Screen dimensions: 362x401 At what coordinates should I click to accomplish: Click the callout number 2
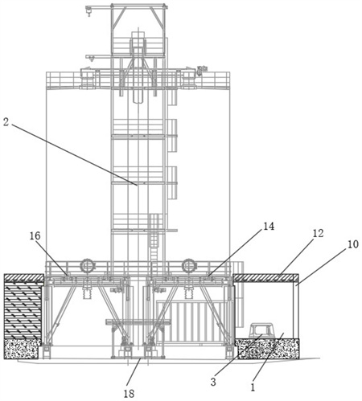(x=6, y=122)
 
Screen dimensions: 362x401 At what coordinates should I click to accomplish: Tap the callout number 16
(x=35, y=235)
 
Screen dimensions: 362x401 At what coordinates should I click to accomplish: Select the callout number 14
(x=269, y=227)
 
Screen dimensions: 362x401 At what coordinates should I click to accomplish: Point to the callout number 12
(x=319, y=233)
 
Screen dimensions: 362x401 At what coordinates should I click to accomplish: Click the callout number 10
(x=353, y=244)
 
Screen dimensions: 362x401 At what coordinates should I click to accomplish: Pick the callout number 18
(x=129, y=394)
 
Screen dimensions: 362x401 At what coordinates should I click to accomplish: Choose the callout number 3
(x=213, y=382)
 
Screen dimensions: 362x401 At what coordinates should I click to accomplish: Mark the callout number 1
(x=253, y=387)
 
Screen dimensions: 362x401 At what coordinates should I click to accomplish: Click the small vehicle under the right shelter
(x=261, y=331)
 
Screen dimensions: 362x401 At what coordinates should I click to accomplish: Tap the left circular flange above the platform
(x=87, y=266)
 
